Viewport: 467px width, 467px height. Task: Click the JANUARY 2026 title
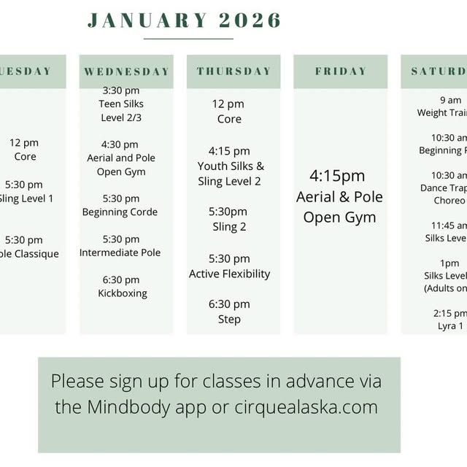184,20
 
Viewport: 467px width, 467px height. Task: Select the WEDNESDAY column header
126,72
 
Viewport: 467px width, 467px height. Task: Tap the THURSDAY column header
233,72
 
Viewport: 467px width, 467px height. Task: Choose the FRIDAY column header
341,72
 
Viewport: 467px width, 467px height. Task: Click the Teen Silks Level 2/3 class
120,110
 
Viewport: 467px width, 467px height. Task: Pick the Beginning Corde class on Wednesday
120,212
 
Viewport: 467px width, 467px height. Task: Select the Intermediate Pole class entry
120,252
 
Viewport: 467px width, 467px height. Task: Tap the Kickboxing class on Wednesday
123,293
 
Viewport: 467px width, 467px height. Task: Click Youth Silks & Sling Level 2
230,174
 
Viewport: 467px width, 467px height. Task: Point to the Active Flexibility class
230,274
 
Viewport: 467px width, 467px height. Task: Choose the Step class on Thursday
229,319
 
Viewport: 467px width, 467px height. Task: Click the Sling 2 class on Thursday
229,226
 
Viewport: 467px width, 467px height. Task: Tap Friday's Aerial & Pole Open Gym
339,207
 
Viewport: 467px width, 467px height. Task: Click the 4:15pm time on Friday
337,176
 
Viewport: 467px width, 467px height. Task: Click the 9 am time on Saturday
451,100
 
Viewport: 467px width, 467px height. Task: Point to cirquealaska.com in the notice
306,407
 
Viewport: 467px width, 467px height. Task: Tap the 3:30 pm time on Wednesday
121,90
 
